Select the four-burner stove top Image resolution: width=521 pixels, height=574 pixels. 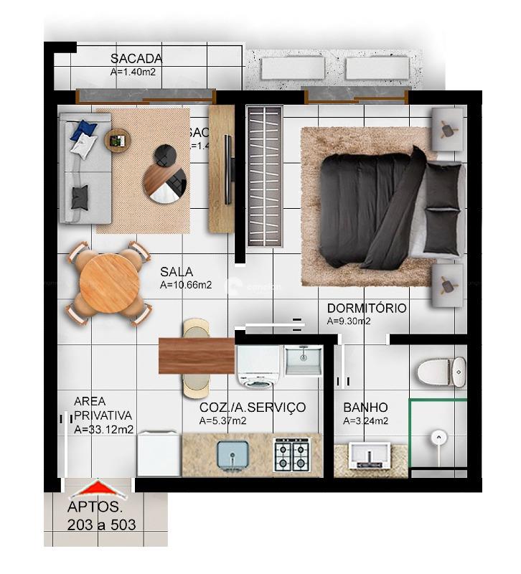pyautogui.click(x=292, y=455)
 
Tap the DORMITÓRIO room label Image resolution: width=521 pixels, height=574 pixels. pyautogui.click(x=366, y=309)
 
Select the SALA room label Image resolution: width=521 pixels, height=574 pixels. pyautogui.click(x=177, y=272)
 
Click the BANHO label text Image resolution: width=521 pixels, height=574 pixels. pyautogui.click(x=365, y=408)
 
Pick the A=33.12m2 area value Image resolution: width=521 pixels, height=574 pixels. pyautogui.click(x=103, y=430)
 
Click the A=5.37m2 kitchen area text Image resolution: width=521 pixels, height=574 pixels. pyautogui.click(x=224, y=420)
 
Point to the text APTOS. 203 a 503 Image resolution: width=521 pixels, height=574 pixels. pyautogui.click(x=101, y=516)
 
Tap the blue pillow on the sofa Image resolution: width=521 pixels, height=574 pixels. pyautogui.click(x=84, y=129)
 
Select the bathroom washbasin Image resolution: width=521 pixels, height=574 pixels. pyautogui.click(x=370, y=456)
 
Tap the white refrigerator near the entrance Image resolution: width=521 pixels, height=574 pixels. pyautogui.click(x=159, y=453)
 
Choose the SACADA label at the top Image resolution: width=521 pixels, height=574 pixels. pyautogui.click(x=136, y=59)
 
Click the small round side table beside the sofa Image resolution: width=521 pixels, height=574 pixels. pyautogui.click(x=118, y=139)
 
